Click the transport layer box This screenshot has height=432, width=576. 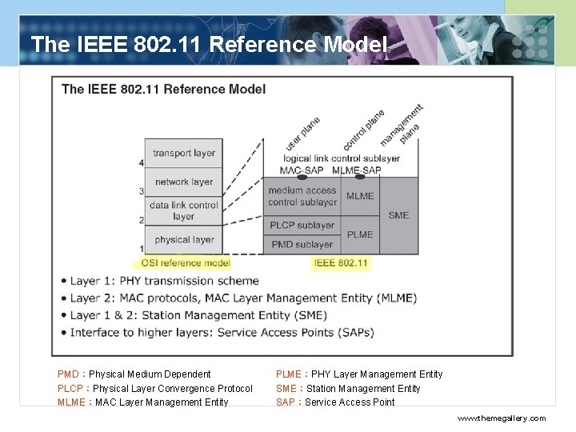pyautogui.click(x=183, y=153)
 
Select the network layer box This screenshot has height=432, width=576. pyautogui.click(x=183, y=182)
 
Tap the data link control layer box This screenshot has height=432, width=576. pyautogui.click(x=183, y=210)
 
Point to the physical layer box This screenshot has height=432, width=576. pyautogui.click(x=183, y=239)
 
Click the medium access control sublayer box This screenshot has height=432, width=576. pyautogui.click(x=302, y=196)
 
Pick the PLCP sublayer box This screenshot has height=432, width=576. pyautogui.click(x=302, y=225)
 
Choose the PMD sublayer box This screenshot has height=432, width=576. pyautogui.click(x=302, y=244)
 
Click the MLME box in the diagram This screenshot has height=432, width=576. pyautogui.click(x=360, y=196)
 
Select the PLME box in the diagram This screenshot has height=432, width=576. pyautogui.click(x=360, y=234)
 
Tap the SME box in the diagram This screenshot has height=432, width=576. pyautogui.click(x=398, y=215)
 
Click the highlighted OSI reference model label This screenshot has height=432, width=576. pyautogui.click(x=186, y=262)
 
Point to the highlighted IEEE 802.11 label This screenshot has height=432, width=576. pyautogui.click(x=341, y=262)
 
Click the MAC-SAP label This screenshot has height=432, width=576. pyautogui.click(x=302, y=170)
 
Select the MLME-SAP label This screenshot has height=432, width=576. pyautogui.click(x=356, y=170)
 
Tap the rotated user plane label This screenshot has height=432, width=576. pyautogui.click(x=303, y=134)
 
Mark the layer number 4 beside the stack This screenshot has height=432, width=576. pyautogui.click(x=141, y=163)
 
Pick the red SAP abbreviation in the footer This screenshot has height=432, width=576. pyautogui.click(x=286, y=402)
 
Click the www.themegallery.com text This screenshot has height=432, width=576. pyautogui.click(x=502, y=418)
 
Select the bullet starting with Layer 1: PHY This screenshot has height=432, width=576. pyautogui.click(x=165, y=281)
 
